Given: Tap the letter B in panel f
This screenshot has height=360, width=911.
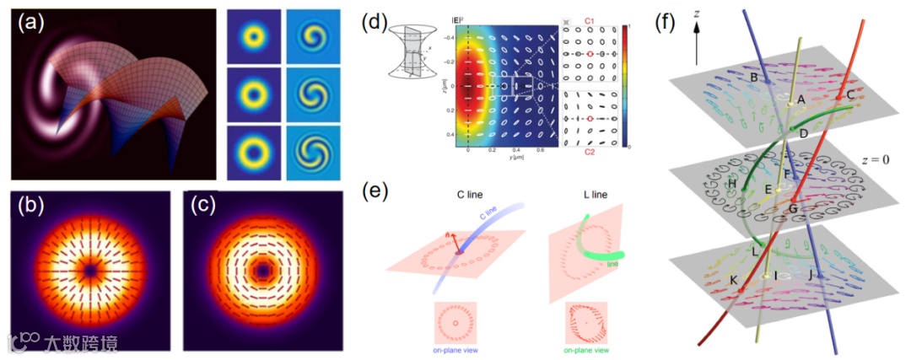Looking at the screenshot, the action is [754, 78].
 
